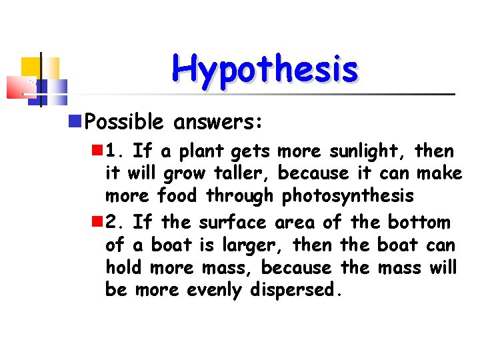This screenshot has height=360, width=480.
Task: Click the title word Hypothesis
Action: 265,69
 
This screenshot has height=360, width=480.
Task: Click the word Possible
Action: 125,122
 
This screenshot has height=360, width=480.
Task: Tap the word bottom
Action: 419,222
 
